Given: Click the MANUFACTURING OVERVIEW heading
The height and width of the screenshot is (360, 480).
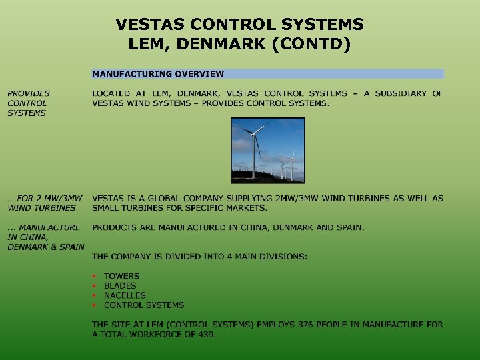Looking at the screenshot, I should [158, 74].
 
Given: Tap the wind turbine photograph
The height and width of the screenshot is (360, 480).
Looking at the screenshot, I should [267, 151].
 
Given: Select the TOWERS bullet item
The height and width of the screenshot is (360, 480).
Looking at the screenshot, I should [121, 276].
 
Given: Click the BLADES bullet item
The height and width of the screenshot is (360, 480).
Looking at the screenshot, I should [120, 285].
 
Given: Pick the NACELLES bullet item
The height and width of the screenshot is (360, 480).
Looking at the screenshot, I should [125, 295].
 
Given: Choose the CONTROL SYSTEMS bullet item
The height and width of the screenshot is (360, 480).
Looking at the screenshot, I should [144, 305].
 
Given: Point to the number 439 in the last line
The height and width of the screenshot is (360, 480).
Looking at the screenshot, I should [206, 334].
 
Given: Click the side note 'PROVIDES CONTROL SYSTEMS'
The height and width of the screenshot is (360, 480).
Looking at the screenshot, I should [28, 103].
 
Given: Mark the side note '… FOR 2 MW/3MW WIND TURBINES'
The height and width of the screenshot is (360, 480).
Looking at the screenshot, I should [45, 203].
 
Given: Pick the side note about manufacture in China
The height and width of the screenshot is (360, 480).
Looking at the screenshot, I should [45, 237].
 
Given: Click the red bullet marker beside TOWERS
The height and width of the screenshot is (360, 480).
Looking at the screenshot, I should [95, 276].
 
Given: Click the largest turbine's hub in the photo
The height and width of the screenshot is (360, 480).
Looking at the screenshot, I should [254, 133].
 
